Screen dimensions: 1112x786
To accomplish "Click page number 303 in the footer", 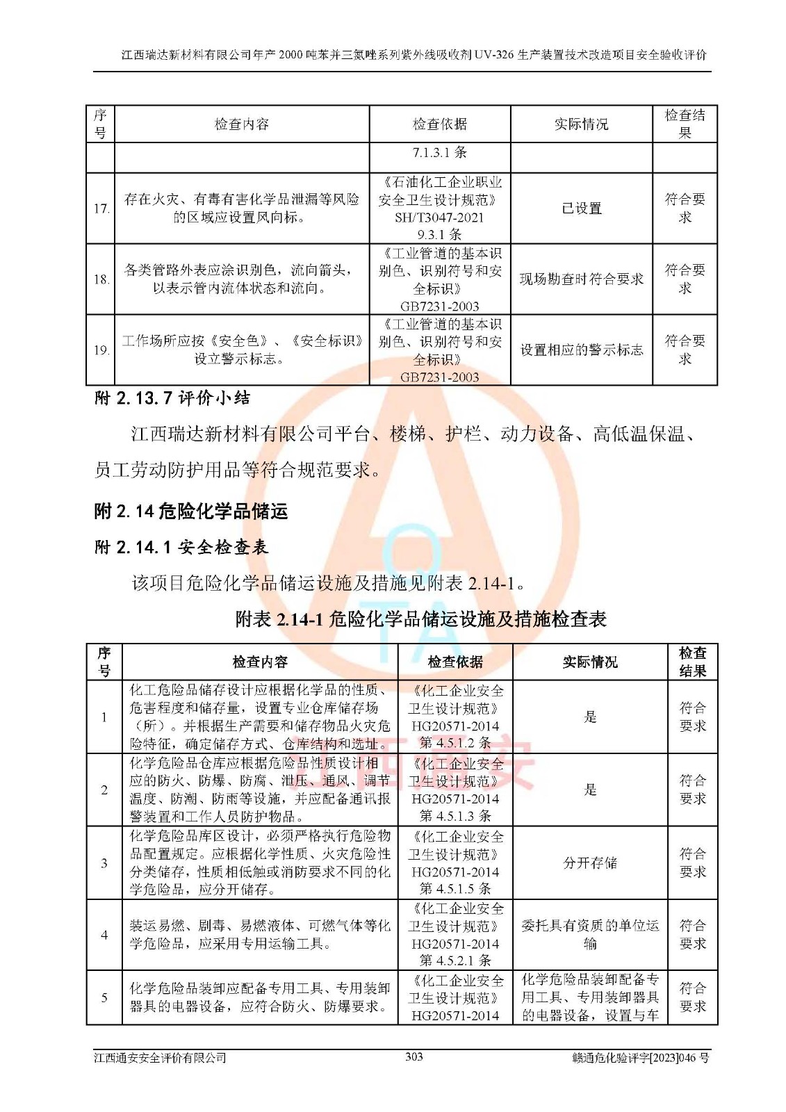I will pos(414,1057).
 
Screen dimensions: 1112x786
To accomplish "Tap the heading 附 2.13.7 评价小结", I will pos(172,398).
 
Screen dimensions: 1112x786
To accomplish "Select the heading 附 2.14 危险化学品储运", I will pos(190,512).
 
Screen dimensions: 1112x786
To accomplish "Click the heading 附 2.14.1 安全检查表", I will pos(181,547).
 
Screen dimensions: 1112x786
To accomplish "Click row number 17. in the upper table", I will pos(101,208).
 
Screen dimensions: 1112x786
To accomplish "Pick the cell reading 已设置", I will pos(581,208).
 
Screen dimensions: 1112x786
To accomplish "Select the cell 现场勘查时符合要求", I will pos(581,279).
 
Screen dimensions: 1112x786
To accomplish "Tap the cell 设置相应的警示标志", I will pos(581,350).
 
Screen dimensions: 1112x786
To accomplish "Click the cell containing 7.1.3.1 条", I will pos(439,153).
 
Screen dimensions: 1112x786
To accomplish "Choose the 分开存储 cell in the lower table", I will pos(589,863).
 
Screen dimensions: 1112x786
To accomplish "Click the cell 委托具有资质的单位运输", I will pos(589,935).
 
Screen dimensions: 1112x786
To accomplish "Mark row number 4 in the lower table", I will pos(104,935).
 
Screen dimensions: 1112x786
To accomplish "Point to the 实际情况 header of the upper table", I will pos(581,124).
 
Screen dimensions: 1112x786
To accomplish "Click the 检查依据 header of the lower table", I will pos(455,662).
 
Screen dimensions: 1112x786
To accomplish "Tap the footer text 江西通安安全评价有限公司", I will pos(161,1058).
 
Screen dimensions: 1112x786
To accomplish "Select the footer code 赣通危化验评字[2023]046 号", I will pos(640,1058).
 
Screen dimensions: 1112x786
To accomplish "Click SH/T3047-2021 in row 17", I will pos(439,218).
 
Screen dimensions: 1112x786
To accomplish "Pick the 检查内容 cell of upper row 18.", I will pos(241,279).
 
